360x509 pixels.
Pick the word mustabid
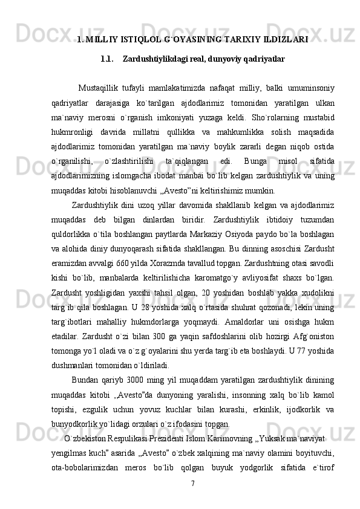[x=318, y=112]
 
